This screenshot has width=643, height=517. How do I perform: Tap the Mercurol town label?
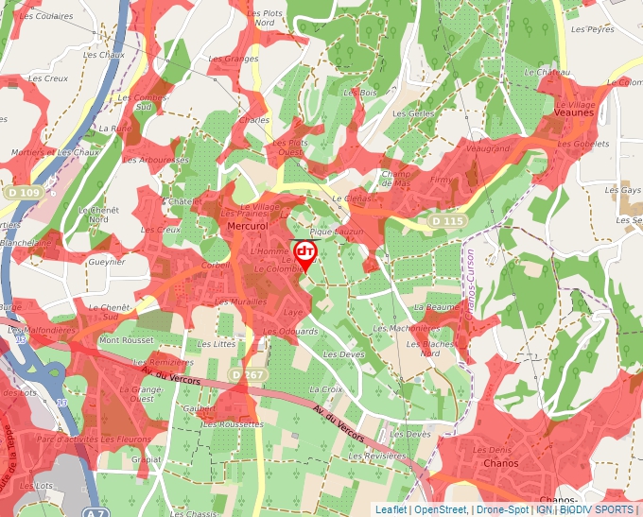click(249, 227)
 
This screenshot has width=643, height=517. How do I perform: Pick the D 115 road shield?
click(447, 220)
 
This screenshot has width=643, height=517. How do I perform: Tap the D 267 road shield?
click(249, 375)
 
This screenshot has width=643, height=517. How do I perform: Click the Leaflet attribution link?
click(391, 509)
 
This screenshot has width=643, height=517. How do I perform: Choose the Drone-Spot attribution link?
click(502, 509)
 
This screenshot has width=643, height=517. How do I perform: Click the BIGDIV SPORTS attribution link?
click(597, 509)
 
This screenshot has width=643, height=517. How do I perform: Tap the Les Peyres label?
click(593, 29)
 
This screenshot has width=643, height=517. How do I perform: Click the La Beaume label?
click(436, 307)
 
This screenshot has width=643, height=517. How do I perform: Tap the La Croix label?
click(325, 388)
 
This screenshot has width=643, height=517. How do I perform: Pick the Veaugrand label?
click(488, 148)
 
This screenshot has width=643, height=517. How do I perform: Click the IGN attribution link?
click(544, 509)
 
